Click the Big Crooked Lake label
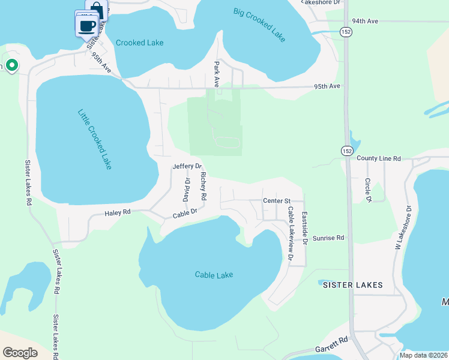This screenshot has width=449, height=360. (260, 25)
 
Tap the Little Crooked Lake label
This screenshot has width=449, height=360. (95, 139)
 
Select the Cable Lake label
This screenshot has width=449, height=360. (214, 275)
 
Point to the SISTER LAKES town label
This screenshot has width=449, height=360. (352, 285)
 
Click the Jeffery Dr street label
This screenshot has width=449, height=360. (187, 166)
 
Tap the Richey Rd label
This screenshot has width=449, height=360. (203, 186)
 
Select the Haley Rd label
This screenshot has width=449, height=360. (118, 212)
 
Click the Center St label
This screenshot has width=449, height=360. (277, 200)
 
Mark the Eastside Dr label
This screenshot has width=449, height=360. (304, 228)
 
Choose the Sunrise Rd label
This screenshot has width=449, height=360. (332, 238)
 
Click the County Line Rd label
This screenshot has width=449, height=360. (378, 158)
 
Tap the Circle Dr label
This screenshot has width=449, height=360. (369, 190)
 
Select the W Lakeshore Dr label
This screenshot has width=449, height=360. (408, 227)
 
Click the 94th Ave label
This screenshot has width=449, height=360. (365, 21)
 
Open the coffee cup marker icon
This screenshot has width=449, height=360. (87, 25)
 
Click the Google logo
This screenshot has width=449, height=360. (20, 353)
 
